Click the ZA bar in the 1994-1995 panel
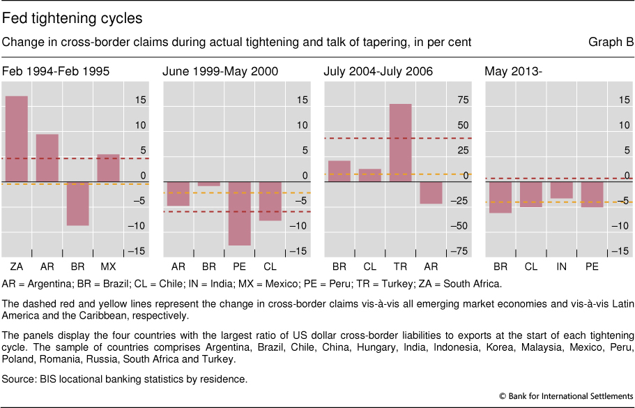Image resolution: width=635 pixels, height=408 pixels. point(17,139)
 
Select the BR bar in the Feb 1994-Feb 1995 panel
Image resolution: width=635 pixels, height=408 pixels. point(78,204)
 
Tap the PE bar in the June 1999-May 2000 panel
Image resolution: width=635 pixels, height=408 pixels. point(239,213)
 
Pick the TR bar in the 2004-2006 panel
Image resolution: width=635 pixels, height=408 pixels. point(401,143)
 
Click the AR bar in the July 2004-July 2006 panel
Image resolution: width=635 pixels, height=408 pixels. point(431,192)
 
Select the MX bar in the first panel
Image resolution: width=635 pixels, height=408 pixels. point(108,168)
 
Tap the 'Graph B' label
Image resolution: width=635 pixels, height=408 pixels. point(611,43)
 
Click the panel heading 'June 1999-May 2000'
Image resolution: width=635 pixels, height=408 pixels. point(220,71)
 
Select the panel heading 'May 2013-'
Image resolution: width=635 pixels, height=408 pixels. point(510,71)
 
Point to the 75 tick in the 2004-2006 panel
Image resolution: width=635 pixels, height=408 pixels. point(463,100)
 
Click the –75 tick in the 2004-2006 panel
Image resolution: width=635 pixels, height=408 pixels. point(460,251)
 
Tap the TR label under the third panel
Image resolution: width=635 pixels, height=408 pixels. point(401,267)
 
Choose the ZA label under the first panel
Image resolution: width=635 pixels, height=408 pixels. point(17,267)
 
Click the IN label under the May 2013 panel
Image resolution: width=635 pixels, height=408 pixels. point(562,267)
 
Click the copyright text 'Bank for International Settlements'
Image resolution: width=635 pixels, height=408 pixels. point(572,395)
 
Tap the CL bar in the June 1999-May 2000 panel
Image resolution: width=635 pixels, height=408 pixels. point(270,201)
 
